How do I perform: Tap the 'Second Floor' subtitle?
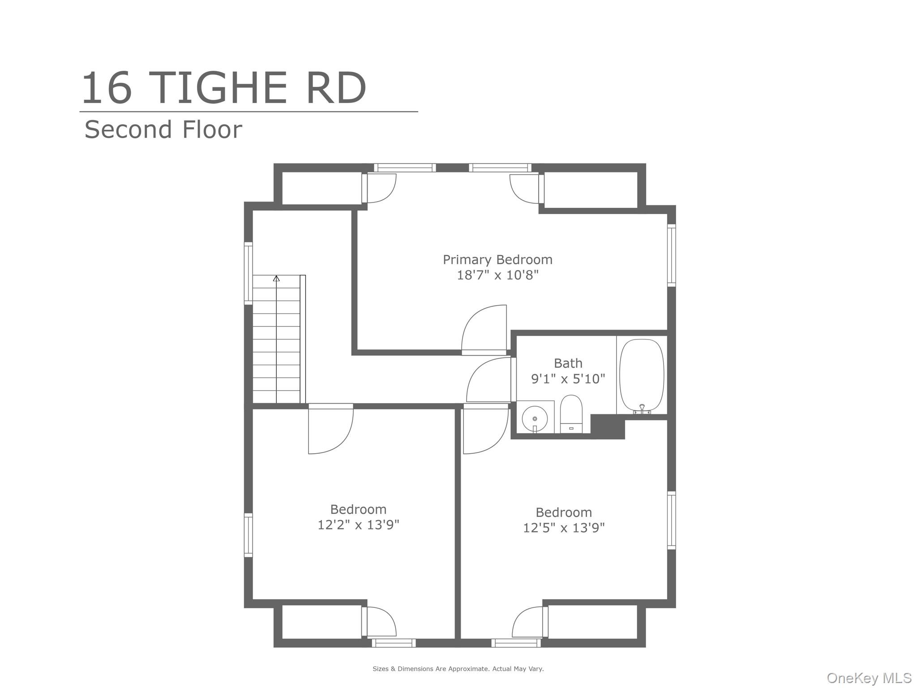163,129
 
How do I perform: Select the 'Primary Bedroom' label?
497,260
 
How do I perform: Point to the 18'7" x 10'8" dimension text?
497,275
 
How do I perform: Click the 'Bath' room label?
568,363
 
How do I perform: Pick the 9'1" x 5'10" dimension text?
568,379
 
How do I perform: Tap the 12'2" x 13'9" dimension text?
358,525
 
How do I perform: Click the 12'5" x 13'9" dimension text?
564,528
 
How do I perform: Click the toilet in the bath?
571,414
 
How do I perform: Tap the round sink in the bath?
535,419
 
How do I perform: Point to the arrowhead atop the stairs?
276,278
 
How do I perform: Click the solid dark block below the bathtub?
608,426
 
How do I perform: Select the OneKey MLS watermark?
869,678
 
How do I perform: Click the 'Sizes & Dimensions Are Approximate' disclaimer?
458,669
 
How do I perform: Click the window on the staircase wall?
248,273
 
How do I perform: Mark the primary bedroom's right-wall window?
671,255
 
